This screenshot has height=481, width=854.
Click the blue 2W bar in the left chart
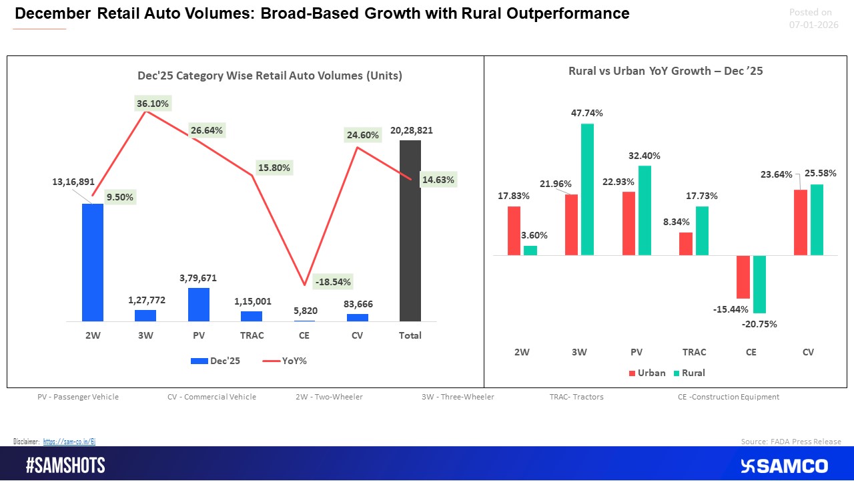click(x=93, y=263)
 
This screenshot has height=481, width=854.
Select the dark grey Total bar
click(x=410, y=230)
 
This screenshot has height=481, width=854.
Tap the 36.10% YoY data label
click(x=153, y=104)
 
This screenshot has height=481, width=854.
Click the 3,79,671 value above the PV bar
click(x=198, y=278)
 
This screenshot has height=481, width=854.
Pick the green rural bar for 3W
click(x=587, y=189)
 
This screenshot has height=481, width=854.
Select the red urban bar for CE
click(x=743, y=277)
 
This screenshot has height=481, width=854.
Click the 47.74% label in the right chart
click(x=587, y=114)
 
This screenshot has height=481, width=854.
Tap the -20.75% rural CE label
click(x=759, y=324)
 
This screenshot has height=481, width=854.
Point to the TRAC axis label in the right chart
click(x=694, y=352)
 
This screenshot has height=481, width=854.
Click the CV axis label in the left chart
click(x=357, y=335)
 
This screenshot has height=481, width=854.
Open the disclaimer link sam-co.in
click(x=70, y=442)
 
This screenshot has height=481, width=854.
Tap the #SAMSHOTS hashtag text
click(x=65, y=466)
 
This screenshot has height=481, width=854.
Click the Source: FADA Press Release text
click(x=791, y=442)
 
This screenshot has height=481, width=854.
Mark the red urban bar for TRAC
click(x=686, y=244)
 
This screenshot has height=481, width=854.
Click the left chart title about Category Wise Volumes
click(x=270, y=75)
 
